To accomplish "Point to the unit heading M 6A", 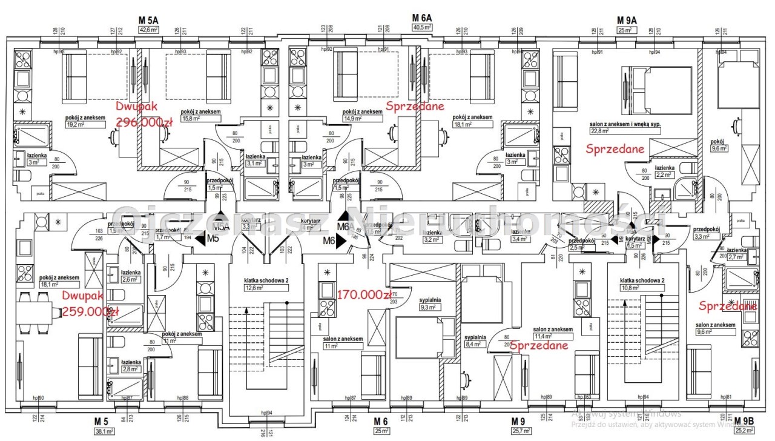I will coord(421,18).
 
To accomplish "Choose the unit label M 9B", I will coord(744,421).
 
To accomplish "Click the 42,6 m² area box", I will coord(149,29).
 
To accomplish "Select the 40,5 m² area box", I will coord(421,28).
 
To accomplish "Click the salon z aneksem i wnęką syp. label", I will coord(624,124).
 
